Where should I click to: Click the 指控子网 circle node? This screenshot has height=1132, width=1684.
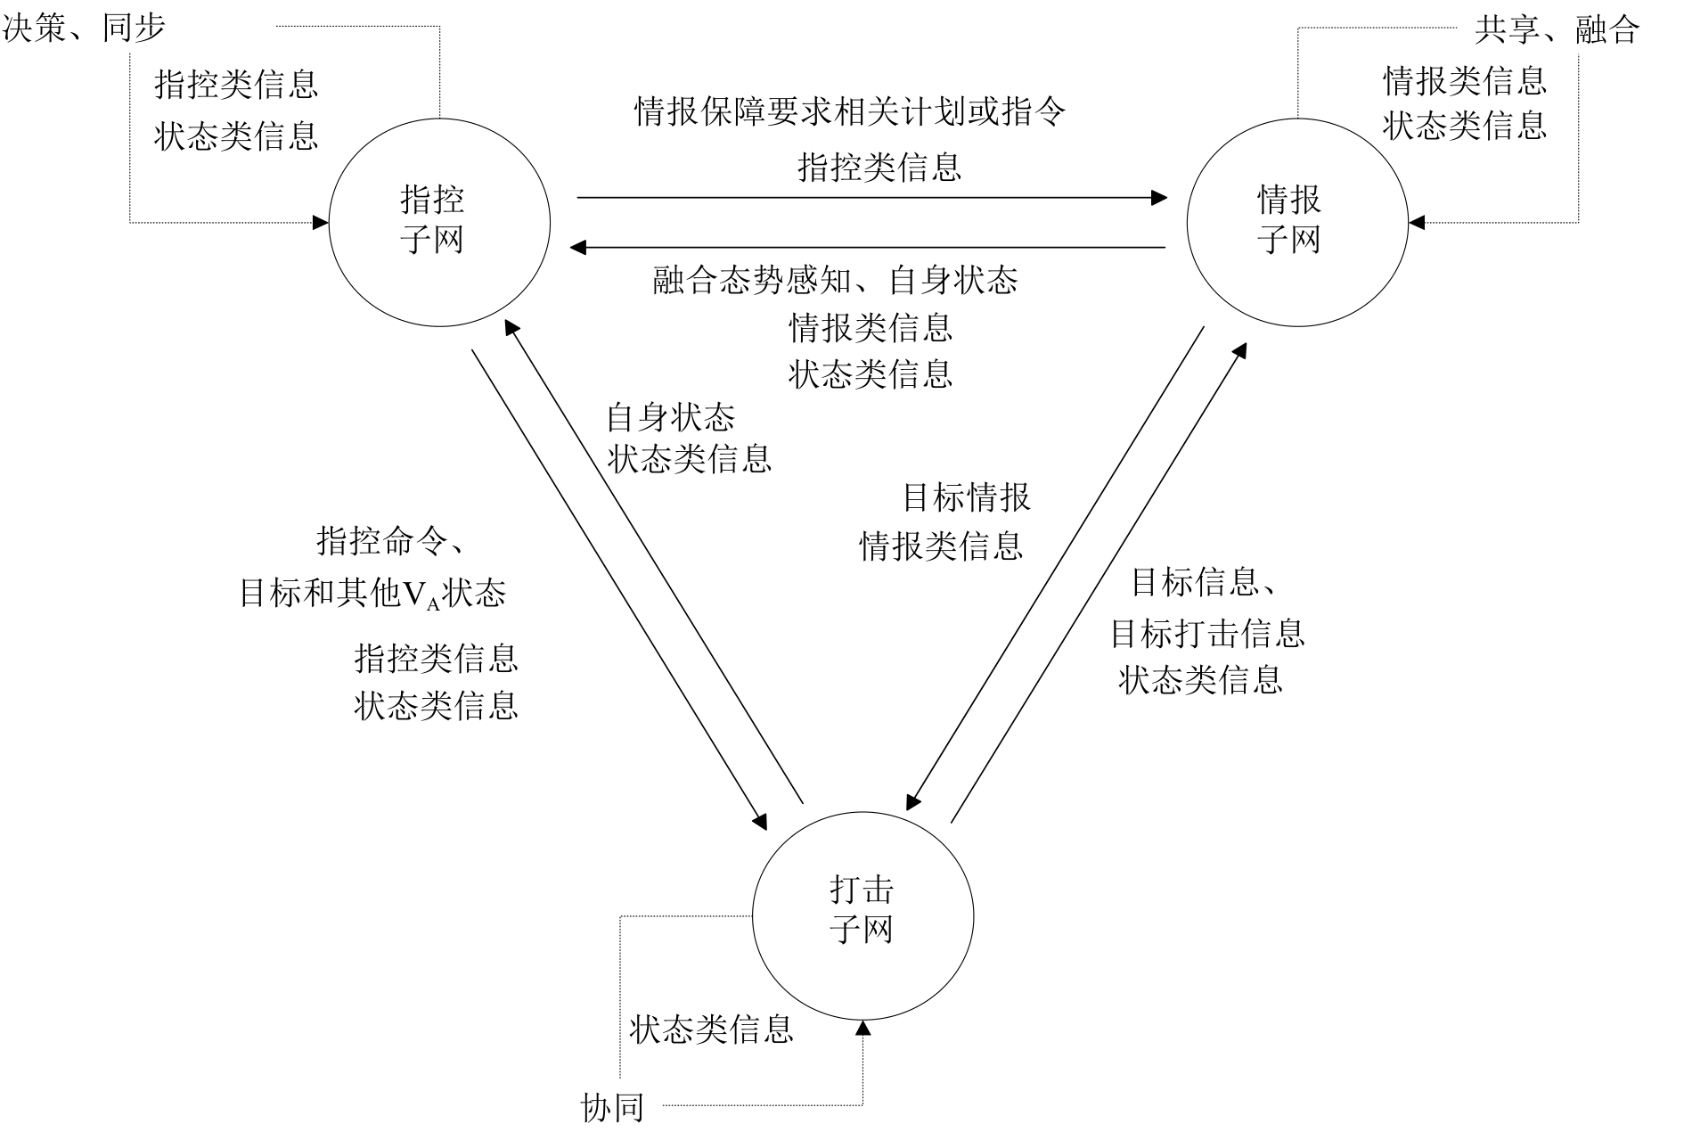[x=439, y=222]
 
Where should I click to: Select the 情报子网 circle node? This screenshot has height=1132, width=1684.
[x=1296, y=222]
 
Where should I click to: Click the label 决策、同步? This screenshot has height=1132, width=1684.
[x=85, y=29]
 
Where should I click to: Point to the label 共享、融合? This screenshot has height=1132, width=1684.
[x=1557, y=30]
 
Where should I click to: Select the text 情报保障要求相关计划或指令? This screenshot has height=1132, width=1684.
[x=850, y=112]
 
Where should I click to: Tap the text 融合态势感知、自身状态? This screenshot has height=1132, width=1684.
[x=835, y=281]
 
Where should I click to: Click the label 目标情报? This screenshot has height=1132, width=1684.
[x=966, y=497]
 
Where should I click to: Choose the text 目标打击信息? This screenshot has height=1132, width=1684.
[x=1206, y=634]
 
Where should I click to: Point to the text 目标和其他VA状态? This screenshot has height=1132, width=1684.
[x=372, y=594]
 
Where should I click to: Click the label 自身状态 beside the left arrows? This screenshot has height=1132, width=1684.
[x=670, y=416]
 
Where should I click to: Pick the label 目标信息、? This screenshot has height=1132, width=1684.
[x=1205, y=583]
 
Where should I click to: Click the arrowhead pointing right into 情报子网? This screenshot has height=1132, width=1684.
[x=1159, y=197]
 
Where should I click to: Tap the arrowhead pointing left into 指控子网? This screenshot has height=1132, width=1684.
[x=577, y=247]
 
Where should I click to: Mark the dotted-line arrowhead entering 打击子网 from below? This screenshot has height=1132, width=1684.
[x=862, y=1029]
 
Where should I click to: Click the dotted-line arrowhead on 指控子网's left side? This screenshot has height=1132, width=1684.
[x=321, y=222]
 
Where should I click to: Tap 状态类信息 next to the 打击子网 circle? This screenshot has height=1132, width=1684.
[x=711, y=1029]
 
